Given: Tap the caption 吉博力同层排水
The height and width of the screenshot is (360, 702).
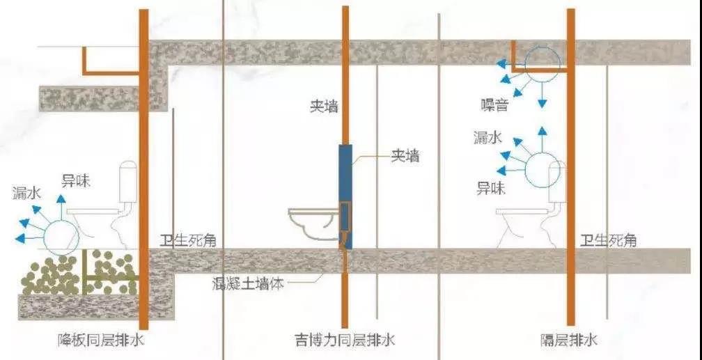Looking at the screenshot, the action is [345, 340].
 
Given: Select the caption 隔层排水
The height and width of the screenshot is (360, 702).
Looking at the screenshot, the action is [569, 341].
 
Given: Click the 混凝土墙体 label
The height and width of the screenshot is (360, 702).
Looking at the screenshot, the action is [249, 283].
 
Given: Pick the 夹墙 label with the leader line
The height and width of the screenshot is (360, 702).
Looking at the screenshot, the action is [405, 156].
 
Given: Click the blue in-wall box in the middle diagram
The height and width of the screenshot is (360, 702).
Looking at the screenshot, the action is [345, 196].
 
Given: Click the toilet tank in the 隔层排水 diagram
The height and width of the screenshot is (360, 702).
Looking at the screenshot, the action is [557, 182].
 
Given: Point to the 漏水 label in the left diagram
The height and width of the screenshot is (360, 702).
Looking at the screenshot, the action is [27, 194].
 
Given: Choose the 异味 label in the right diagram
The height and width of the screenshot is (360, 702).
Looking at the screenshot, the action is [491, 189].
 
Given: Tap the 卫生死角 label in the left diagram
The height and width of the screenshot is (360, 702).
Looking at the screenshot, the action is [188, 241].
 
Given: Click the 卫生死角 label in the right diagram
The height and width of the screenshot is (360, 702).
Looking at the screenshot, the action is [608, 241].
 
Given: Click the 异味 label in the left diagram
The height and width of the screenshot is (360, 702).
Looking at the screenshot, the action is [76, 181].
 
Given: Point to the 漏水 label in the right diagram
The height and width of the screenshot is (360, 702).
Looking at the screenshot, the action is [488, 138].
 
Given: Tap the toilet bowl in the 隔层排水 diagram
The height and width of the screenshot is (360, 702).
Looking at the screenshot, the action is [524, 220].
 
